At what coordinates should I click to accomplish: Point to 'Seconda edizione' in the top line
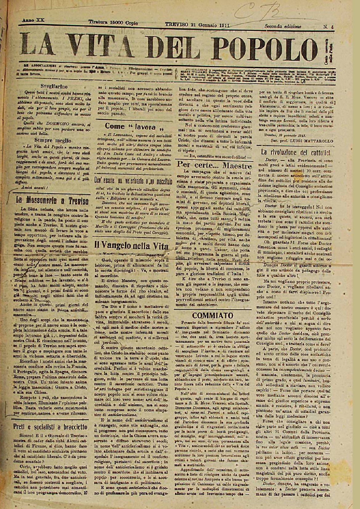point(283,26)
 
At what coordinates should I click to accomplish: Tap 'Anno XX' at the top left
point(33,20)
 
